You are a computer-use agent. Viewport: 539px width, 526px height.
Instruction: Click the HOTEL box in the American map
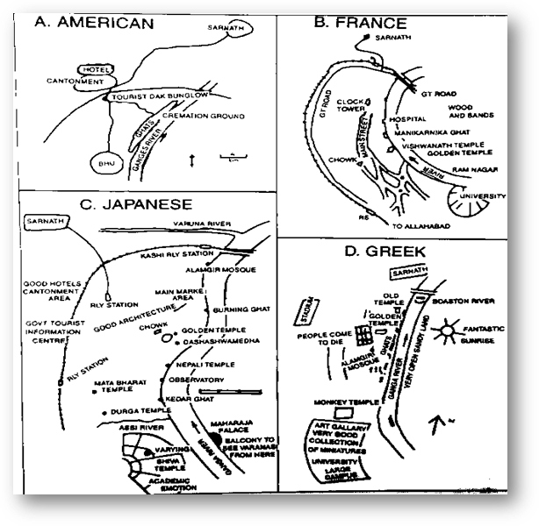point(91,68)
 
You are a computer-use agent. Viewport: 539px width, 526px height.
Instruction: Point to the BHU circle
point(106,163)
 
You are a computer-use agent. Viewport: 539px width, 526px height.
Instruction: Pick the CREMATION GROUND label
point(215,114)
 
